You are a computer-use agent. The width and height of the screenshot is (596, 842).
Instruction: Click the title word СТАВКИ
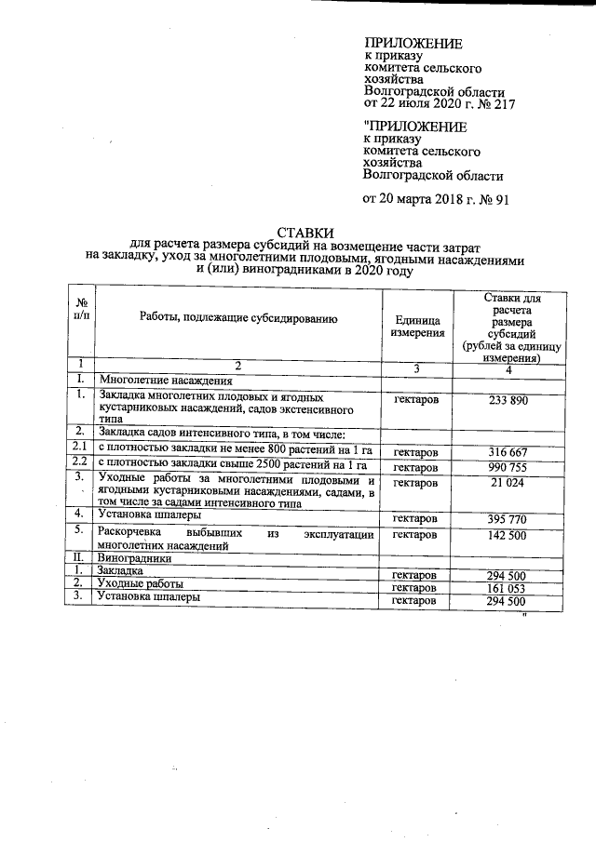pos(305,233)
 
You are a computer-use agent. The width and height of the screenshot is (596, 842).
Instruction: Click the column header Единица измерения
pos(417,326)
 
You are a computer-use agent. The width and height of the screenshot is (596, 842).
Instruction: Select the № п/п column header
pos(82,310)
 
